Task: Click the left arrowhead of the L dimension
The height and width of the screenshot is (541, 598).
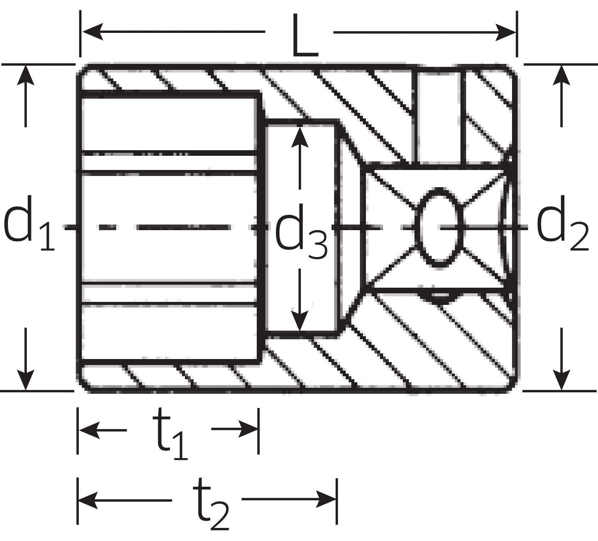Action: [x=92, y=32]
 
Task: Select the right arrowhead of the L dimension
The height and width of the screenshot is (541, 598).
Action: [x=506, y=32]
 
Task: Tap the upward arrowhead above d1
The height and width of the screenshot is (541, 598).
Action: [x=25, y=75]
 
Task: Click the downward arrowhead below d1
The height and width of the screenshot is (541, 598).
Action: [x=25, y=380]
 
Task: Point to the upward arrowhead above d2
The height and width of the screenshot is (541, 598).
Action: [x=561, y=75]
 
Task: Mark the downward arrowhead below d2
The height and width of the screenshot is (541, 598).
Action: [x=561, y=380]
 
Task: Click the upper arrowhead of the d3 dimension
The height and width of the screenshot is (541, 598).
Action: [x=300, y=137]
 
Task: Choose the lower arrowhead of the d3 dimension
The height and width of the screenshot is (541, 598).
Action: [x=300, y=321]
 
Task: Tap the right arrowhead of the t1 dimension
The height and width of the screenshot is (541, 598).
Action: [x=248, y=429]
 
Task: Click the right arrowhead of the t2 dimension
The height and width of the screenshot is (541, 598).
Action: [x=327, y=499]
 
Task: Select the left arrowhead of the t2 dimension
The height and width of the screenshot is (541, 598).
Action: [x=88, y=499]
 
